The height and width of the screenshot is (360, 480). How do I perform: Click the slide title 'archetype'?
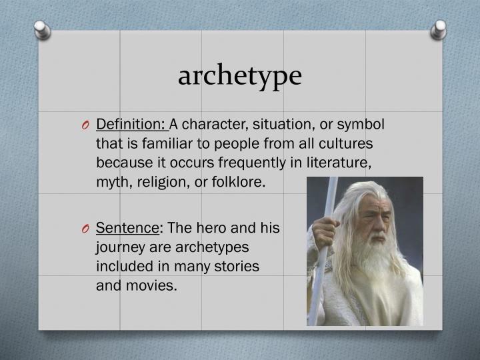click(x=239, y=75)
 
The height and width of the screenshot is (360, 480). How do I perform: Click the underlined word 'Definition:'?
click(x=131, y=125)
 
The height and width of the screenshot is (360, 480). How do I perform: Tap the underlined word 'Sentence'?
click(x=127, y=229)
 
